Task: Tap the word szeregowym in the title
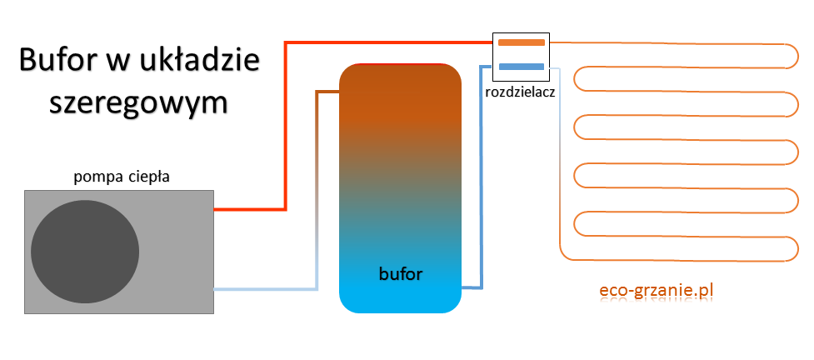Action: click(x=138, y=102)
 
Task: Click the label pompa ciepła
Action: click(x=122, y=176)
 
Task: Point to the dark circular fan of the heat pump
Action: click(x=85, y=252)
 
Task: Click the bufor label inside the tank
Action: click(x=401, y=273)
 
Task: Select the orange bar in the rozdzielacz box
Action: click(x=521, y=42)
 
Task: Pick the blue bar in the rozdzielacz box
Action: click(x=521, y=67)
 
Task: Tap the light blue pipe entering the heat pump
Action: click(x=267, y=289)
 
